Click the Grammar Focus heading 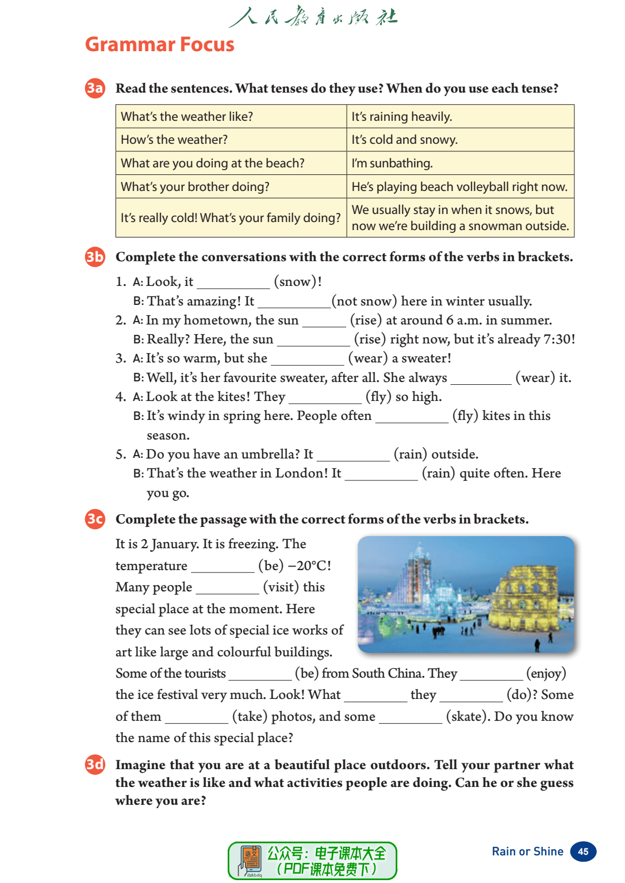click(x=160, y=44)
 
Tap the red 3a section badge click(x=95, y=88)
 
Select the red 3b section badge click(x=95, y=257)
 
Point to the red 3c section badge click(x=95, y=519)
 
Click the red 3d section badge click(x=95, y=764)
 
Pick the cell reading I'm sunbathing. click(x=392, y=163)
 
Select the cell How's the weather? click(x=174, y=140)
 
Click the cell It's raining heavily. click(x=402, y=117)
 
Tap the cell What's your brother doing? click(x=195, y=187)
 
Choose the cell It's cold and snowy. click(x=405, y=140)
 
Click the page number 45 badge click(x=583, y=851)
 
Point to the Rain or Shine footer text click(x=527, y=851)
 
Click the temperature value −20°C click(x=309, y=566)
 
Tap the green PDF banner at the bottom click(x=312, y=861)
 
